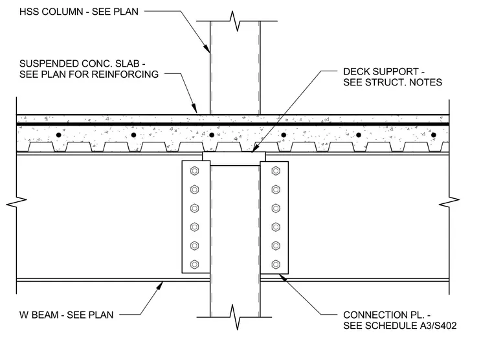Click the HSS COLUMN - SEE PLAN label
coord(79,12)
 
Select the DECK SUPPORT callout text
coord(392,77)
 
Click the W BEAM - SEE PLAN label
coord(66,315)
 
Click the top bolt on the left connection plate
coord(195,171)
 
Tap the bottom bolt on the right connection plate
coord(276,264)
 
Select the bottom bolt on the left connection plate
coord(195,264)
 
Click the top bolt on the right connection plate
coord(276,171)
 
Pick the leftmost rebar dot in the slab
coord(59,135)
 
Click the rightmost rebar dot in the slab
coord(434,135)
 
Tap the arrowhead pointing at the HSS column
coord(207,48)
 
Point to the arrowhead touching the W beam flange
coord(160,286)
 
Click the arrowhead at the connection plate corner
coord(283,278)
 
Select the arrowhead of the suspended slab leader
coord(195,108)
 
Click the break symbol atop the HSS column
coord(236,21)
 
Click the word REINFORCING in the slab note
coord(126,74)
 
